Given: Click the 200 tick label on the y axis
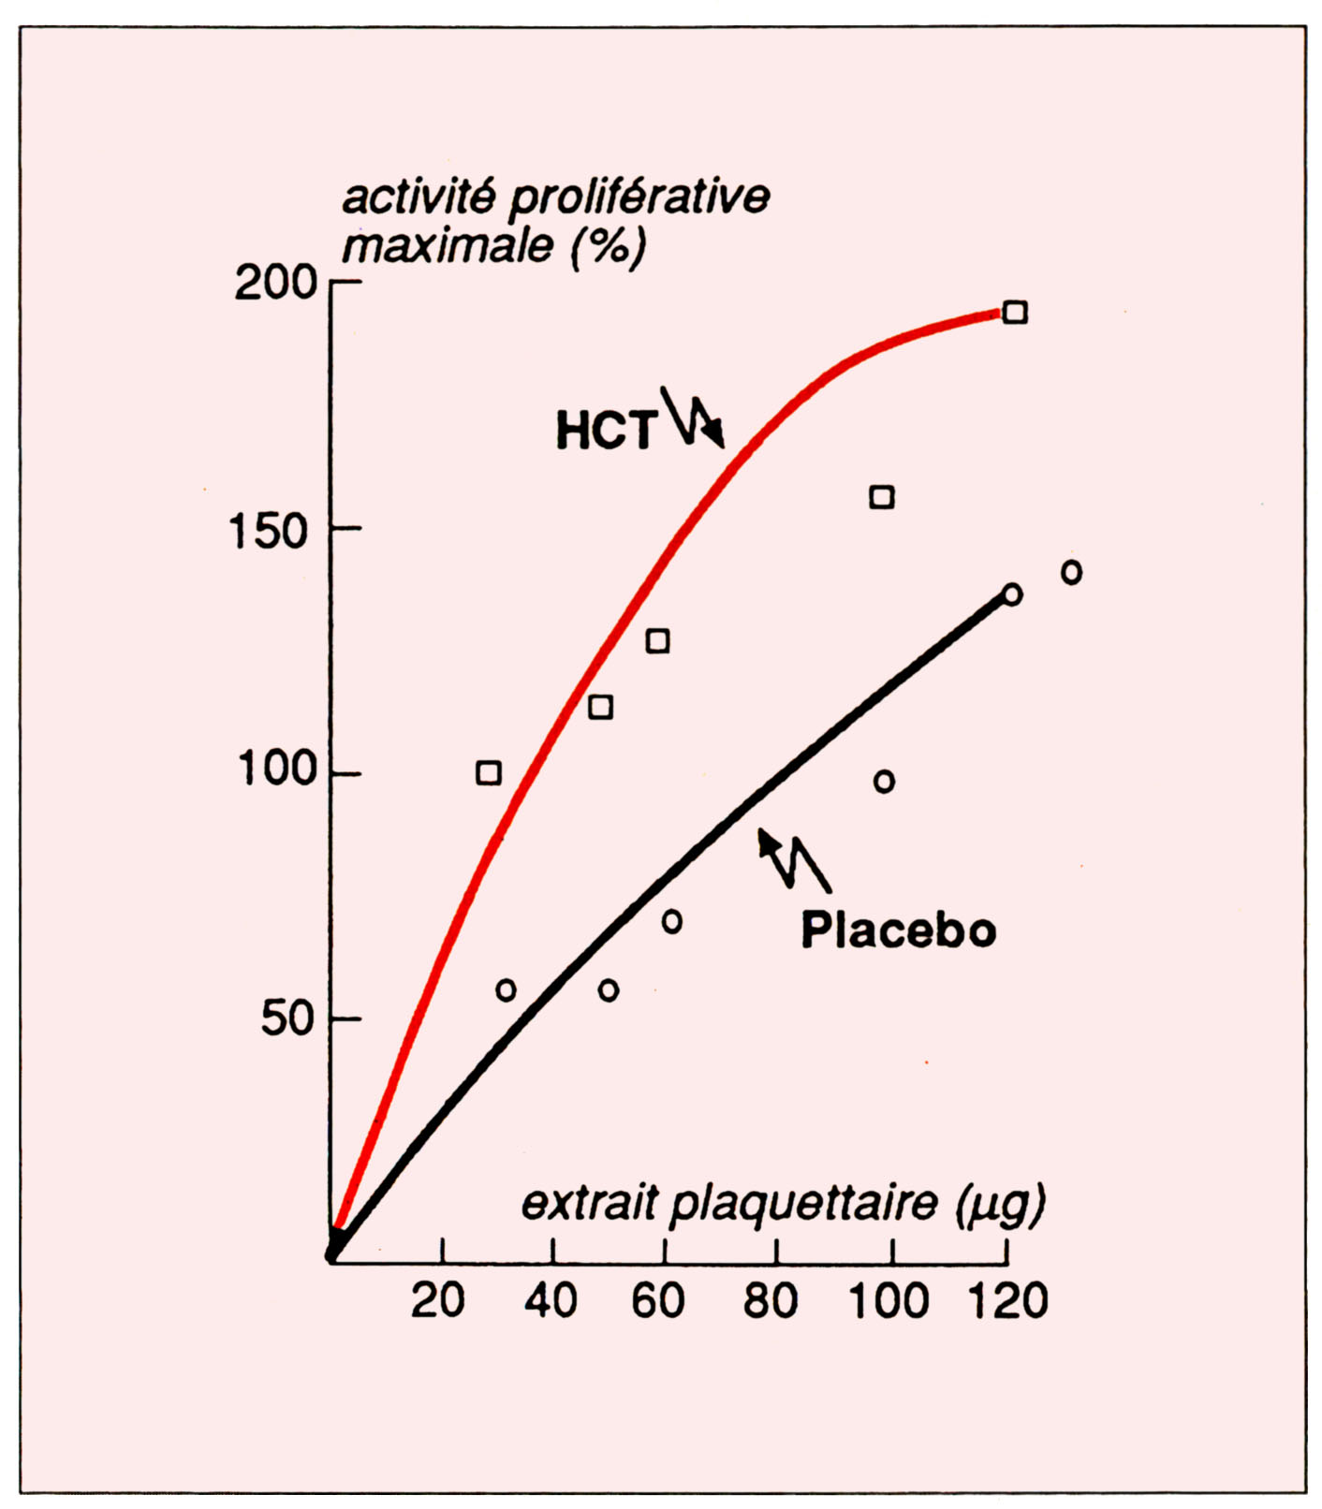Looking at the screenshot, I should tap(276, 283).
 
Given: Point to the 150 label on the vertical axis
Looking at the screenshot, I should tap(269, 532).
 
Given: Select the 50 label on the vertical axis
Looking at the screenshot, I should tap(286, 1018).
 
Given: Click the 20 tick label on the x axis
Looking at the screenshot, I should tap(438, 1300).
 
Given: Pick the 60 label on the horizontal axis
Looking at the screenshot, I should tap(658, 1300).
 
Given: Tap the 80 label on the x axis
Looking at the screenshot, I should tap(771, 1300).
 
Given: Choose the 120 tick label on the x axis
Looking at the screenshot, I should tap(1008, 1300).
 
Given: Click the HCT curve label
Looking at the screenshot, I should tap(605, 432).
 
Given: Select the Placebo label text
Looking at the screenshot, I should tap(898, 930).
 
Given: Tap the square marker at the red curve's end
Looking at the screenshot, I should tap(1015, 313).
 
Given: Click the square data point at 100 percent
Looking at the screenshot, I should tap(489, 773).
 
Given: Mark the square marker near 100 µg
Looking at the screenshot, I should tap(882, 497).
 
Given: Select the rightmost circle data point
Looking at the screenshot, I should tap(1072, 572).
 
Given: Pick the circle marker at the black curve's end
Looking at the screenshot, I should tap(1012, 594).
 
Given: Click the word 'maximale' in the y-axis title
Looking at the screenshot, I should tap(448, 246).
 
